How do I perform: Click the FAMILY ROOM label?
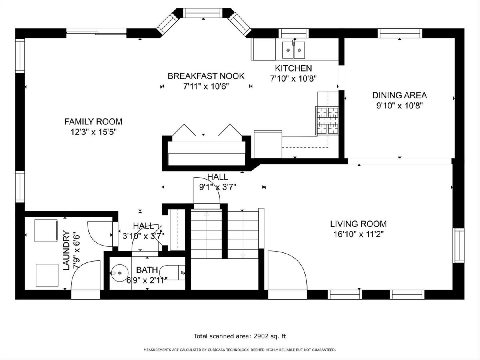click(x=93, y=122)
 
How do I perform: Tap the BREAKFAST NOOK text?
click(x=206, y=76)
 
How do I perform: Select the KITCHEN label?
click(x=293, y=68)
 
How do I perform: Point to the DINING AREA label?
click(x=400, y=95)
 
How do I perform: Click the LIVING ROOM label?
click(x=358, y=224)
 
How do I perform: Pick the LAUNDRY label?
click(x=66, y=250)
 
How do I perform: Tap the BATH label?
click(x=147, y=270)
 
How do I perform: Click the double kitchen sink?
click(x=294, y=50)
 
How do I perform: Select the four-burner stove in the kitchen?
click(x=327, y=120)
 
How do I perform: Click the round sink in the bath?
click(x=119, y=273)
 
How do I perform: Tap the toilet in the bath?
click(x=172, y=272)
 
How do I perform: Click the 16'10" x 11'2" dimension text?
click(x=358, y=234)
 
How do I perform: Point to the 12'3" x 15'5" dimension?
click(x=93, y=132)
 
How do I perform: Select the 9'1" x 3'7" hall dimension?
click(x=218, y=187)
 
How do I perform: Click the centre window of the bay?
click(x=203, y=13)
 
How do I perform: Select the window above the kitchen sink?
click(x=294, y=33)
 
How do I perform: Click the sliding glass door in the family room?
click(x=96, y=33)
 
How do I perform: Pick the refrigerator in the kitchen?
click(x=268, y=144)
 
